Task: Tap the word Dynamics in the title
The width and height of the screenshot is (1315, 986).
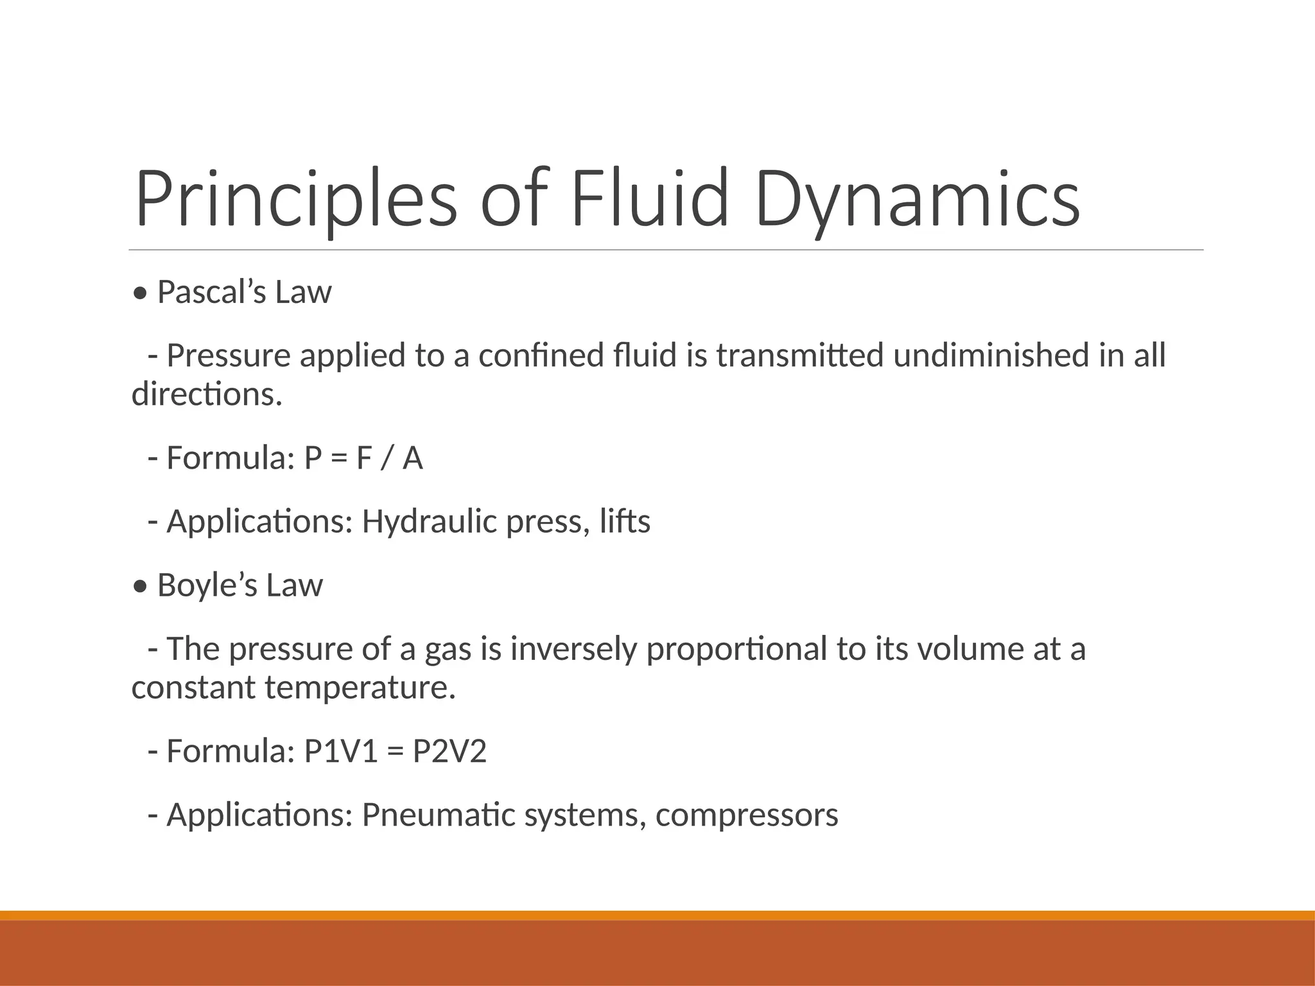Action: [918, 199]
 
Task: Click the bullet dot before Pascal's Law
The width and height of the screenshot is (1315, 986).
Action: [140, 294]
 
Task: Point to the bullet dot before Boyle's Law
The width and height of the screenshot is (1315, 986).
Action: [140, 587]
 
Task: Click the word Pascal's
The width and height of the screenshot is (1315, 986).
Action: [211, 293]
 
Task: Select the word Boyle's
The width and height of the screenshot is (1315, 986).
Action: [207, 585]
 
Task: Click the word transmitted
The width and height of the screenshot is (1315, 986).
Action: [800, 356]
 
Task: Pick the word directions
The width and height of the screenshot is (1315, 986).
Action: [206, 394]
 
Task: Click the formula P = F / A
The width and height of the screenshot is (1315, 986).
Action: [363, 458]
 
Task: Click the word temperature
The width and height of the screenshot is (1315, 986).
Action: [360, 688]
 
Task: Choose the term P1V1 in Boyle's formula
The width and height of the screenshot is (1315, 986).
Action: [341, 751]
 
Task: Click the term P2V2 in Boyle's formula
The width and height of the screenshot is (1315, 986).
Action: [449, 751]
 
